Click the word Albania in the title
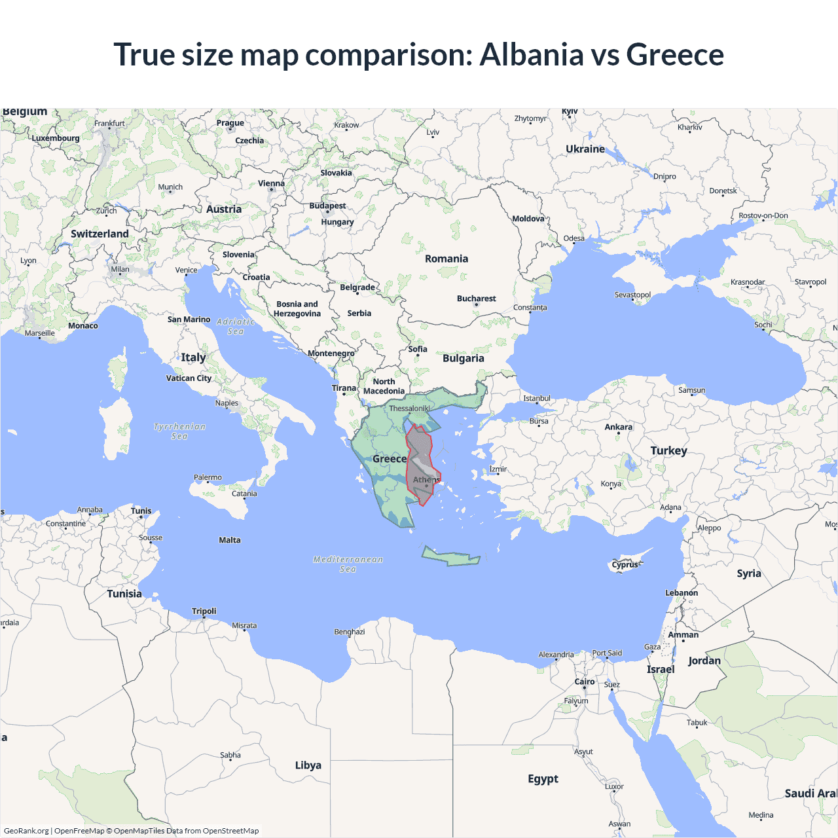[531, 54]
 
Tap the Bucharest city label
[476, 299]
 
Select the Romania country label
[446, 259]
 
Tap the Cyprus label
[625, 564]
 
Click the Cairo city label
[584, 682]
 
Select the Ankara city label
[618, 427]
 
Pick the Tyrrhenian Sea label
[179, 431]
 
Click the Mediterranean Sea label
[348, 564]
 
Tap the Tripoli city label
[204, 611]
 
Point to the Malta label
[230, 540]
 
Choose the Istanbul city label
[537, 398]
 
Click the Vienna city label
[271, 183]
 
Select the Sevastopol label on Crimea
[632, 295]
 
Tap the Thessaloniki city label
[409, 409]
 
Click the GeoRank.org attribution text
[26, 831]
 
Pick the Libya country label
[308, 765]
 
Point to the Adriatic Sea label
[236, 326]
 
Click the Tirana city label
[344, 388]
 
